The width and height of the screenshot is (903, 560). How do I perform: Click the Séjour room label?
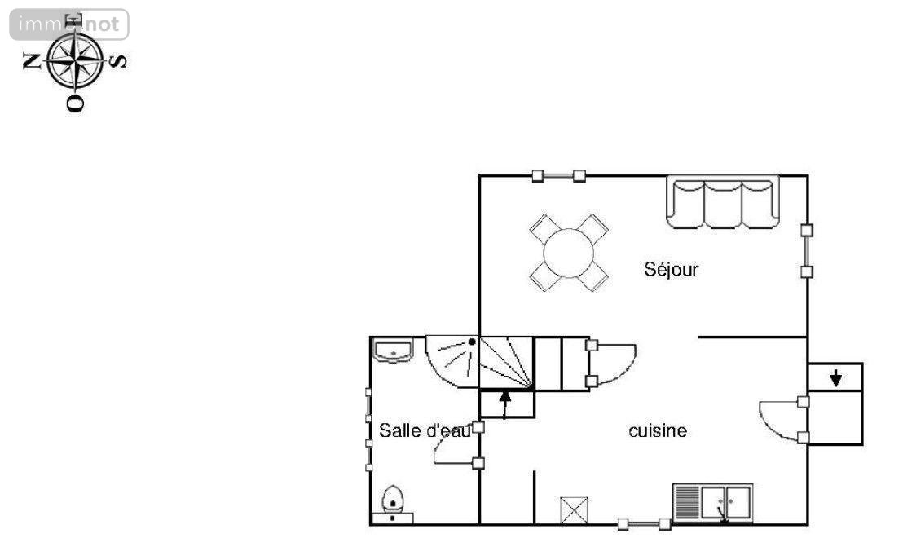[x=671, y=269]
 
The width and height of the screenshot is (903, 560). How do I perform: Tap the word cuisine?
[x=658, y=430]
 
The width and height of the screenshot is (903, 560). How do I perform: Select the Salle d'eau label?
[x=425, y=430]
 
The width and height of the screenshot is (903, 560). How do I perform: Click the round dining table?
[x=568, y=254]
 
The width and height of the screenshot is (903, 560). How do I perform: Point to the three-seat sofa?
[x=723, y=202]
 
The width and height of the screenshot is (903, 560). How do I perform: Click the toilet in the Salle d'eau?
[x=392, y=505]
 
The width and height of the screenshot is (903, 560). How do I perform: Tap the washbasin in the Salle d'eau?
[x=393, y=351]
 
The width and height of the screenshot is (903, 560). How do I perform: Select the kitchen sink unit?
[x=712, y=503]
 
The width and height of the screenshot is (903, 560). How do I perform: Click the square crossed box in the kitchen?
[x=575, y=510]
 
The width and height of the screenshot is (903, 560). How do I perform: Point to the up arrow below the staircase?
[x=505, y=403]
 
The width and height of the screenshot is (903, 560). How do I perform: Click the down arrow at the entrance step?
[x=835, y=378]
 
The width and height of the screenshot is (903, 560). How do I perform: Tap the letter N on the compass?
[x=31, y=60]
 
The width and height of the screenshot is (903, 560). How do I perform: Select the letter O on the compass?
[x=75, y=104]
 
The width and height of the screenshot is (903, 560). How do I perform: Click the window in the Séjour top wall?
[x=558, y=176]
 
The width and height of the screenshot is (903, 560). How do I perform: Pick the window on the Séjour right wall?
[x=807, y=251]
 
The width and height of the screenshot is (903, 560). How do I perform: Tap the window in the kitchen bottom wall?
[x=644, y=524]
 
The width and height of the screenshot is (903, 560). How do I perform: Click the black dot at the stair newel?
[x=472, y=342]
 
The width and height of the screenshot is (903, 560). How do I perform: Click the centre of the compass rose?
[x=75, y=60]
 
